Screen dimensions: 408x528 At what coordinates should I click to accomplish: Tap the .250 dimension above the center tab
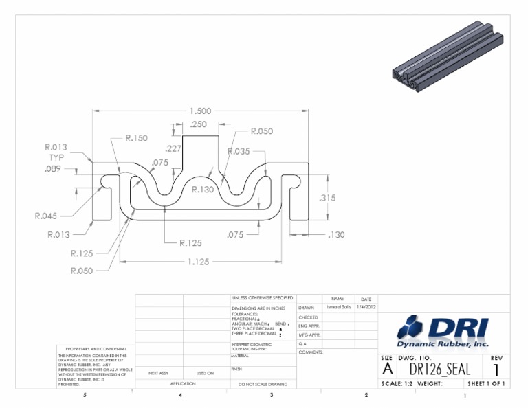(198, 124)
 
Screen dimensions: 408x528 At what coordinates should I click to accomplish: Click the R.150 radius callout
(136, 138)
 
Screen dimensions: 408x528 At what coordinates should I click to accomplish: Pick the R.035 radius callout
(238, 151)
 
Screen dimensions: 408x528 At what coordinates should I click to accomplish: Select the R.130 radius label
(203, 189)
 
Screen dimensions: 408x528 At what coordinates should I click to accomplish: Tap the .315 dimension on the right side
(327, 198)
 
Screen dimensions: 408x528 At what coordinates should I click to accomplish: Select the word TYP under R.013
(56, 157)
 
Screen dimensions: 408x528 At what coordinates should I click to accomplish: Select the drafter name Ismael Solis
(338, 307)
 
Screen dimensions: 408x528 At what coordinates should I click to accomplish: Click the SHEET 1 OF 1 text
(486, 383)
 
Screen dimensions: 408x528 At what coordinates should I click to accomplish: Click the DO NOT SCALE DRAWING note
(263, 384)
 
